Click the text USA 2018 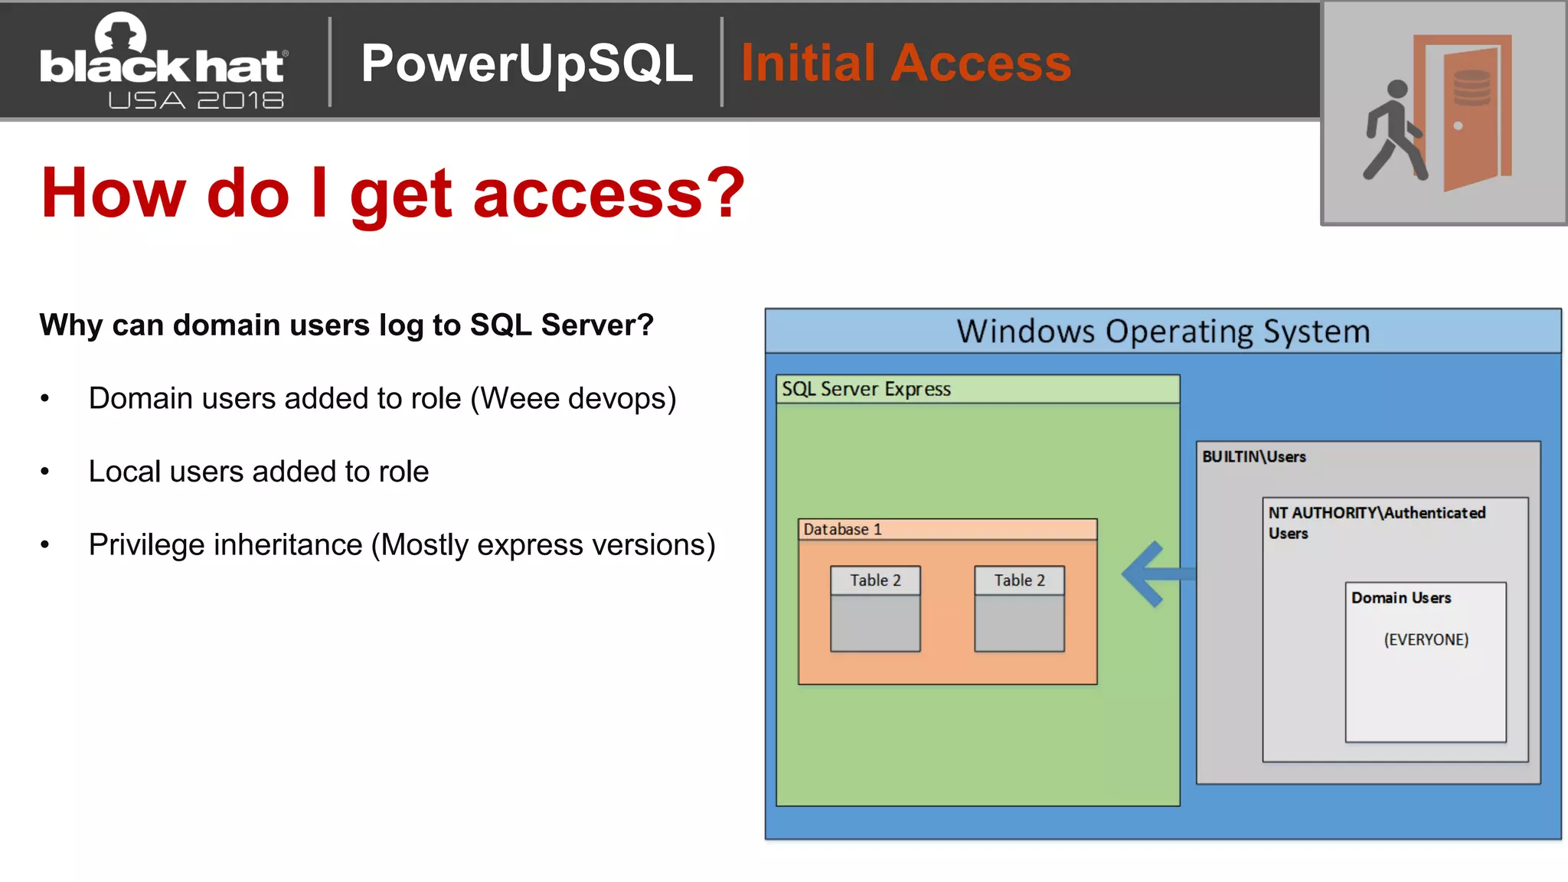tap(196, 100)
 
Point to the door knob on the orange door tap(1458, 126)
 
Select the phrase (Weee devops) tap(573, 398)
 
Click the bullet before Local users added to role tap(45, 472)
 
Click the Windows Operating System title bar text tap(1162, 332)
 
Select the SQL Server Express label tap(866, 389)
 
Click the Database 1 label tap(842, 529)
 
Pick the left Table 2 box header tap(875, 580)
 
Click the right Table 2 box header tap(1019, 580)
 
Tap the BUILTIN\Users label tap(1253, 457)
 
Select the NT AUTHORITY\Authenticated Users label tap(1376, 522)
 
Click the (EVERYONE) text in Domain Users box tap(1426, 639)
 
